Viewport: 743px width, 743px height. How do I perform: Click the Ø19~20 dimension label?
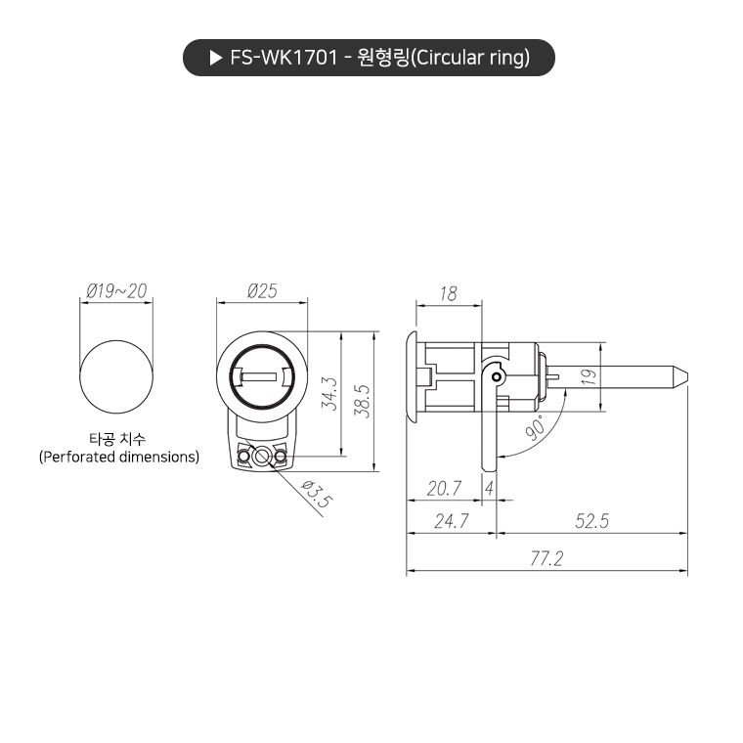click(x=116, y=290)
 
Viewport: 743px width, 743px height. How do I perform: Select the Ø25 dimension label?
click(x=262, y=290)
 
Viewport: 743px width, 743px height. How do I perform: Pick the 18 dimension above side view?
click(x=449, y=293)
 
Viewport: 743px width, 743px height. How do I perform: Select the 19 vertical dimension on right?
click(x=587, y=376)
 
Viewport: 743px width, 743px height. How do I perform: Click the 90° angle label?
click(x=535, y=428)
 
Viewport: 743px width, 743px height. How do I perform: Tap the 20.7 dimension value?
click(x=444, y=487)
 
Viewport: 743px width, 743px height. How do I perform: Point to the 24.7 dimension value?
click(x=451, y=522)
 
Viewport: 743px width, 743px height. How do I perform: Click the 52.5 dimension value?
click(x=591, y=522)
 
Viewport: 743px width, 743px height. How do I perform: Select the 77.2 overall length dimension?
click(x=547, y=558)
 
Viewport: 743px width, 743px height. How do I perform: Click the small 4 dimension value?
click(x=488, y=487)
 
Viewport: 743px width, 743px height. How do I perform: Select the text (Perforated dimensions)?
click(x=118, y=457)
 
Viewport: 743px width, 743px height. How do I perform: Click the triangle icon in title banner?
click(x=216, y=59)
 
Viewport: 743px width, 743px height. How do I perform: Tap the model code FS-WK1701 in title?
click(x=283, y=59)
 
